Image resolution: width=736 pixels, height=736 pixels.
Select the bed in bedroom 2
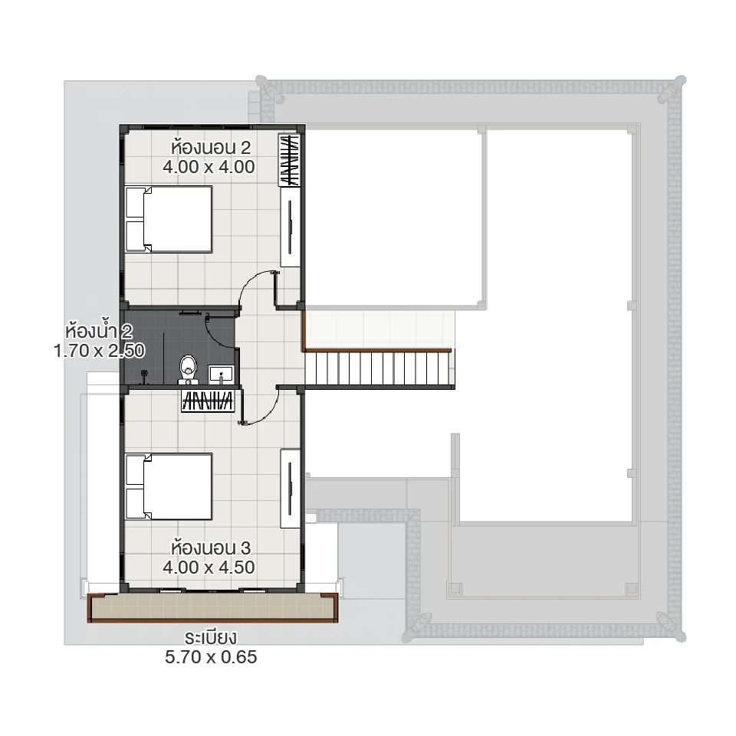(168, 219)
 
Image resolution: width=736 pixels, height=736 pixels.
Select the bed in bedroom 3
(168, 486)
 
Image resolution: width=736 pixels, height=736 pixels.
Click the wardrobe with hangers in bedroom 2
(289, 160)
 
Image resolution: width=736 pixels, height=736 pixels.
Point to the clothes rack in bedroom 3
(207, 401)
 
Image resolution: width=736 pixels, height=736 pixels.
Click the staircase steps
(376, 369)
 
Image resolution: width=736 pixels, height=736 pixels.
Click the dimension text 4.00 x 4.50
(209, 568)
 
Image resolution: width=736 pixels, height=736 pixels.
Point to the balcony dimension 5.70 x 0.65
(211, 656)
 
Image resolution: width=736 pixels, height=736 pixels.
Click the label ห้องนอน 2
(212, 146)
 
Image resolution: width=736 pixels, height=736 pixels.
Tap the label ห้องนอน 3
(212, 548)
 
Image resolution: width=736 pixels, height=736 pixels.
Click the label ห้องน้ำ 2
(100, 332)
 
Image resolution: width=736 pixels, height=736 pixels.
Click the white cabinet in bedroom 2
(291, 227)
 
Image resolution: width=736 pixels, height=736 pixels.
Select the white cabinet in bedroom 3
(291, 488)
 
